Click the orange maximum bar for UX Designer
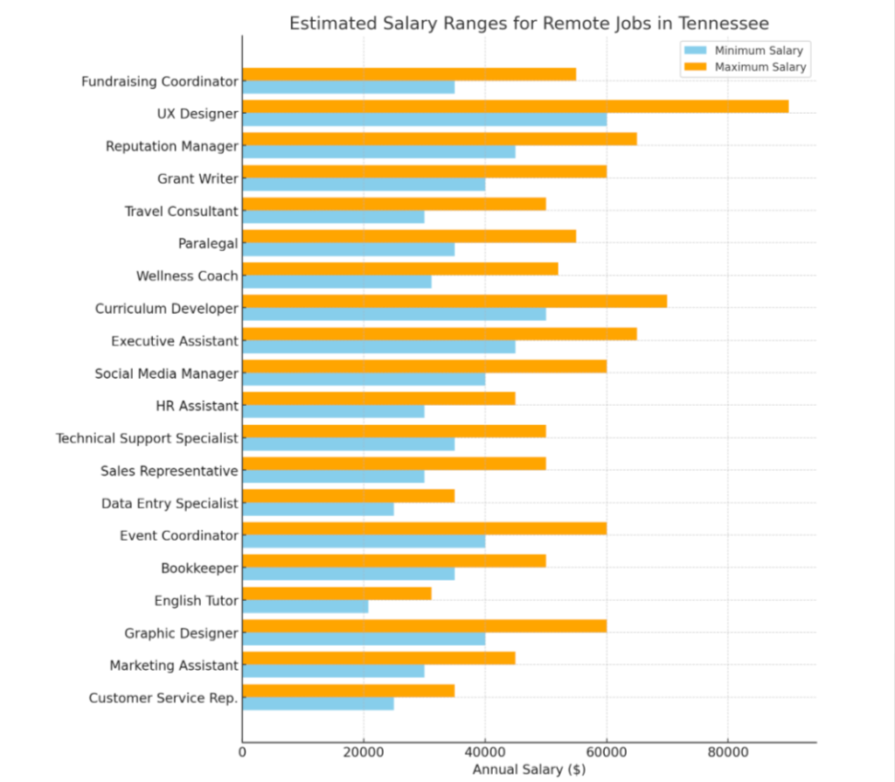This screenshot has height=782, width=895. [515, 107]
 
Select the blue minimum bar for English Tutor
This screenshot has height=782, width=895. [305, 606]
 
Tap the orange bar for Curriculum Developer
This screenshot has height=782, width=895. [454, 301]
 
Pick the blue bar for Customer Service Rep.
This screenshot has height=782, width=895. [317, 704]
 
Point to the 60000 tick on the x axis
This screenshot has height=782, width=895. [607, 751]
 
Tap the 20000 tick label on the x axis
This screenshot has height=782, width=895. [364, 751]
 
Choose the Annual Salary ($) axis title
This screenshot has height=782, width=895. [529, 770]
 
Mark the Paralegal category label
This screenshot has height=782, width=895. [207, 243]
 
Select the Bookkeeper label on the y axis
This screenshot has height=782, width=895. [199, 569]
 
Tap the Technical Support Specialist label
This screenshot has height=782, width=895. [147, 438]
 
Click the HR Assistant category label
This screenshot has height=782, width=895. [196, 406]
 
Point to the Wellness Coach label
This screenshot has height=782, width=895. [186, 276]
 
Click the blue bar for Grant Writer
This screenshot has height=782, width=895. [363, 185]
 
